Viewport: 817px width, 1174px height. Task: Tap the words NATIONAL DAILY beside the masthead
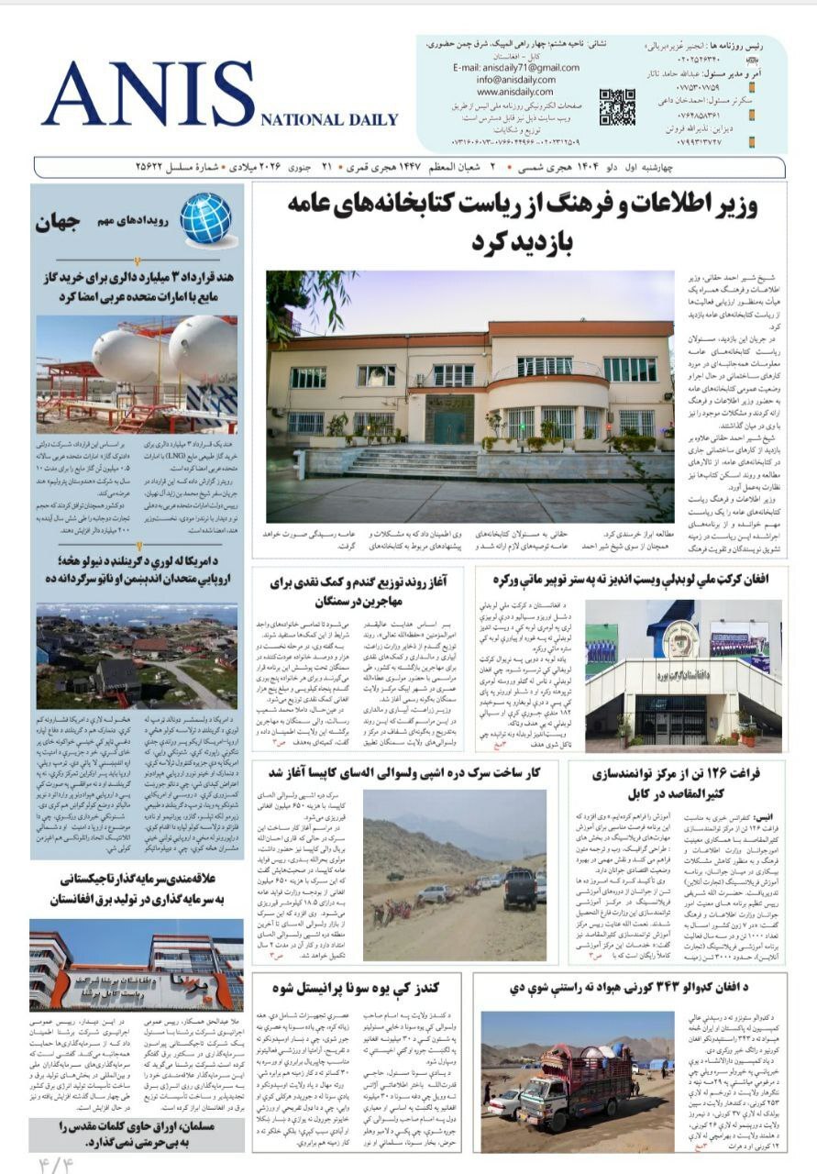(x=329, y=119)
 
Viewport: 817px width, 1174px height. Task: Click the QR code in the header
(x=616, y=106)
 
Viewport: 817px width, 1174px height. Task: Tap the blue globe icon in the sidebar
(x=205, y=217)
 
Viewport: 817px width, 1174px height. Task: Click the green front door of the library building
(x=449, y=426)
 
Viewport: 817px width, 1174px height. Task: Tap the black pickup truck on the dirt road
(x=519, y=888)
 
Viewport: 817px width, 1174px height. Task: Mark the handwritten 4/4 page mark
(x=54, y=1164)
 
